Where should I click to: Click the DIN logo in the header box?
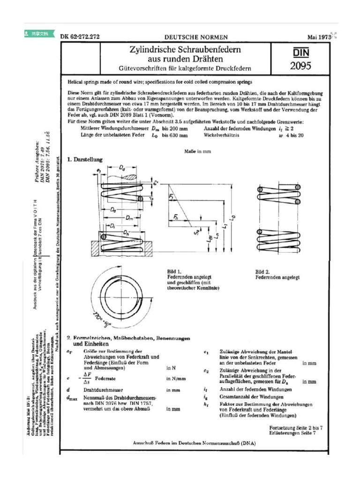(x=300, y=52)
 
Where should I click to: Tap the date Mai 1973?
(x=319, y=37)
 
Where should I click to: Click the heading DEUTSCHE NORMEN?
(x=196, y=37)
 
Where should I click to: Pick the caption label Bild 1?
(x=174, y=271)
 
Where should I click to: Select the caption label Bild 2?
(x=262, y=271)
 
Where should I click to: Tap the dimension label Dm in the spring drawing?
(x=132, y=218)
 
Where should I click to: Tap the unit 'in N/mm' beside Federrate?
(x=176, y=378)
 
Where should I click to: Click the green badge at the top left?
(x=38, y=34)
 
